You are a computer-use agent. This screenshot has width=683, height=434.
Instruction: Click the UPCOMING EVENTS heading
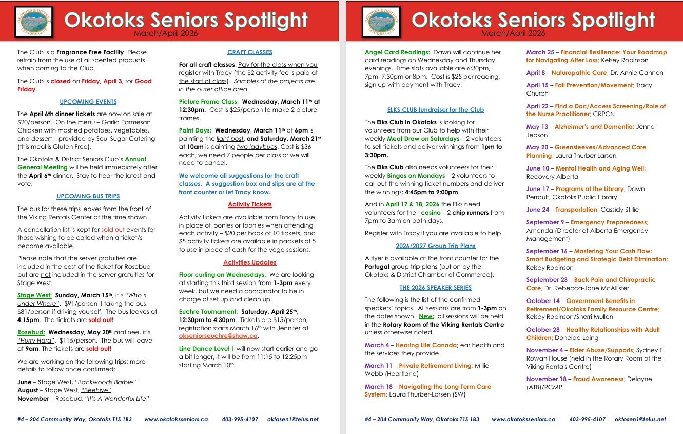[88, 102]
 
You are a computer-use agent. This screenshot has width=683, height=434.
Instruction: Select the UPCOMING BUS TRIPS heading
[88, 196]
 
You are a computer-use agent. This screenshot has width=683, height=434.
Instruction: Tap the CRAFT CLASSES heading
[249, 52]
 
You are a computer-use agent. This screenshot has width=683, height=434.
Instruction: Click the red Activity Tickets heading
[249, 204]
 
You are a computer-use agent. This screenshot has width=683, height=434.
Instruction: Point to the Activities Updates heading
[249, 262]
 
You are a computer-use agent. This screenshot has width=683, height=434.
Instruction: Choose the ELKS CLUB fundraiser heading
[435, 110]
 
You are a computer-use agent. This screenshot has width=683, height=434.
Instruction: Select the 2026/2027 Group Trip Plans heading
[435, 246]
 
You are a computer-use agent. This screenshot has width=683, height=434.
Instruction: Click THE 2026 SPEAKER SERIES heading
[435, 288]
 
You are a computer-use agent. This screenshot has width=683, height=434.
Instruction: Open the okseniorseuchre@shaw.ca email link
[218, 336]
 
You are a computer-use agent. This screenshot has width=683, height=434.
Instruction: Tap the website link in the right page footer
[523, 420]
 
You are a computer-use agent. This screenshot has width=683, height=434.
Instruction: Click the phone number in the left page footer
[240, 420]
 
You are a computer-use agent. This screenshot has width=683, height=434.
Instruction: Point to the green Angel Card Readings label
[397, 52]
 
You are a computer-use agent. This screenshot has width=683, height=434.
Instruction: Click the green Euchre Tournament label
[208, 312]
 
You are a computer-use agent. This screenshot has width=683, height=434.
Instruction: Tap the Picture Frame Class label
[208, 102]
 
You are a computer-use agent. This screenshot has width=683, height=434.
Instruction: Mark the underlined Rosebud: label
[31, 332]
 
